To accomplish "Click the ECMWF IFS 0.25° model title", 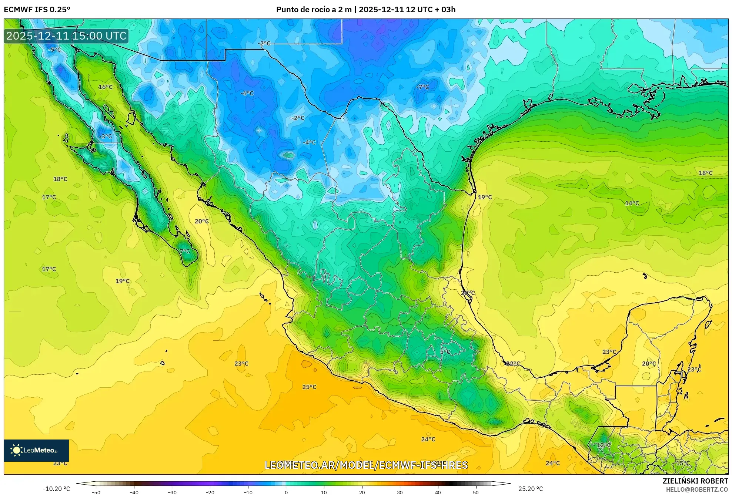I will point(37,9).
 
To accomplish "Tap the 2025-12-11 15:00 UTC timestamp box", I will point(66,36).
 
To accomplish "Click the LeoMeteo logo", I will point(36,450).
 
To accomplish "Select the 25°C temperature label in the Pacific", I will point(309,387).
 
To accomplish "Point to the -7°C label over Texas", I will point(422,87).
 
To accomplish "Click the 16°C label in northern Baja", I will point(106,87).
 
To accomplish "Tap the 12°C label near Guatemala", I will point(604,445).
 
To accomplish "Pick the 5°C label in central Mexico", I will point(445,352).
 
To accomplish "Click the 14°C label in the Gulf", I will point(632,203).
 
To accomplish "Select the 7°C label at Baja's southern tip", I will point(185,251).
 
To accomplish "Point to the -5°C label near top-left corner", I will point(54,50).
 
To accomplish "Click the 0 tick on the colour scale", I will point(286,492).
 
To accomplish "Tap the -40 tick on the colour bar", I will point(134,492).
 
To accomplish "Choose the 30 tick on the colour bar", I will point(400,492).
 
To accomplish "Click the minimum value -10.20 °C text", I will point(56,489).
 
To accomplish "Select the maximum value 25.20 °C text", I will point(530,489).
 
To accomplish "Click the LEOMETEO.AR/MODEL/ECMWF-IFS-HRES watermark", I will point(366,465).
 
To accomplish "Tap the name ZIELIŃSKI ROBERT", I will point(695,481).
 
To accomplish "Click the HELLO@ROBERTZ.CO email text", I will point(697,489).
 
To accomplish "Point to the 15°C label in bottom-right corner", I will point(683,463).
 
